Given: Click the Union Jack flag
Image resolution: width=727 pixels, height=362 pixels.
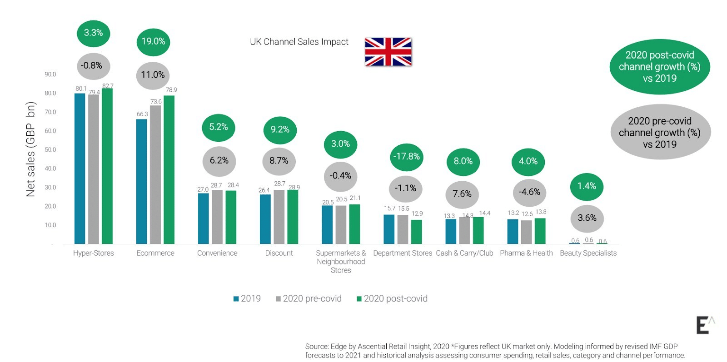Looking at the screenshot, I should (388, 52).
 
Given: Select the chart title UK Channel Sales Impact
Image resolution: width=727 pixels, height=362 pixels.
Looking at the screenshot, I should (299, 42).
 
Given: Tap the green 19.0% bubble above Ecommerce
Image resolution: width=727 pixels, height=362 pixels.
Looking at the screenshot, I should (153, 41).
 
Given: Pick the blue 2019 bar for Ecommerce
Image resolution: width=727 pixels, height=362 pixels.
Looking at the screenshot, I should (142, 181).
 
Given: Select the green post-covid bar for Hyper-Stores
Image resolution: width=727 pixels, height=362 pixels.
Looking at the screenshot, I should (107, 166).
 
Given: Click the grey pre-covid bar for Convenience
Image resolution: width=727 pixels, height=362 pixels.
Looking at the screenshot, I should (217, 217).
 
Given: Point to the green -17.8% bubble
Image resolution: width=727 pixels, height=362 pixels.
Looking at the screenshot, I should (407, 157).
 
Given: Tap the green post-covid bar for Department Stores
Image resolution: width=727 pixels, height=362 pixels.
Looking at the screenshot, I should (416, 232).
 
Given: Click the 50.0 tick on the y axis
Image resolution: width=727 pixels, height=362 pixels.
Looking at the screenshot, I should (50, 149).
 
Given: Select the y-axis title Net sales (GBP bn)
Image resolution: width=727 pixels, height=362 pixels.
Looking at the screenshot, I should (30, 149).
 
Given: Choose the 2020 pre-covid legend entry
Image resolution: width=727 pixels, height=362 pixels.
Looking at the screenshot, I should (309, 298).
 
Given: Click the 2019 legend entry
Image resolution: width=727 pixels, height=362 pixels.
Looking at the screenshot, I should (247, 298).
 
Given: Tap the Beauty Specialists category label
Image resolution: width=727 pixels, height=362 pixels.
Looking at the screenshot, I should (588, 253).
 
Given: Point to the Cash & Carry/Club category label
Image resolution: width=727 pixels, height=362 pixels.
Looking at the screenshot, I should (464, 253).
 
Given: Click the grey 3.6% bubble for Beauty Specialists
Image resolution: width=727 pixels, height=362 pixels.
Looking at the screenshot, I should (587, 218).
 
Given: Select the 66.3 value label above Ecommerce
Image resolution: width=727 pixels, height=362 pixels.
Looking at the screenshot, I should (142, 114).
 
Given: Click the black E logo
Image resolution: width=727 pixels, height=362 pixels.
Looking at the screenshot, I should (703, 325).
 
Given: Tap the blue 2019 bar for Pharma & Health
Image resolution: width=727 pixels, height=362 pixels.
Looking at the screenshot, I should (513, 232).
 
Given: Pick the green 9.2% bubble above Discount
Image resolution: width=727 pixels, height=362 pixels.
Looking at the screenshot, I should (280, 129).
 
